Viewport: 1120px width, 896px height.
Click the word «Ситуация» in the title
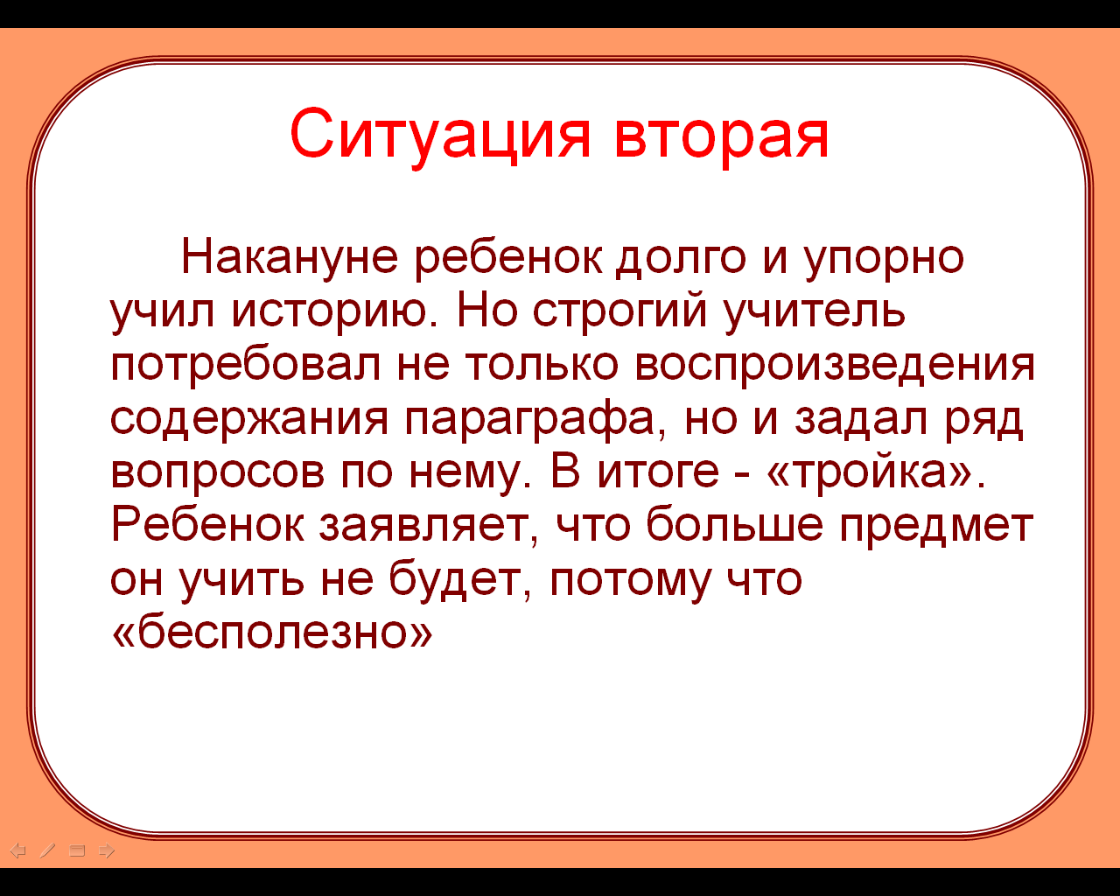(x=440, y=136)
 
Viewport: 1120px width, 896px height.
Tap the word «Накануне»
(x=290, y=256)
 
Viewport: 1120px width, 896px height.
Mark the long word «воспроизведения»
(x=835, y=367)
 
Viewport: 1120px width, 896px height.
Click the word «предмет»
(x=936, y=528)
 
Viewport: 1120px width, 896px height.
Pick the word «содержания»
(x=249, y=421)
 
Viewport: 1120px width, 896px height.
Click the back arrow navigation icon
(x=18, y=850)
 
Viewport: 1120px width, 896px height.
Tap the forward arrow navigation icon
(x=107, y=850)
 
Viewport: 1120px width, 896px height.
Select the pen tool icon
(x=47, y=850)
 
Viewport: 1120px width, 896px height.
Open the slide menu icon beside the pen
(x=77, y=850)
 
